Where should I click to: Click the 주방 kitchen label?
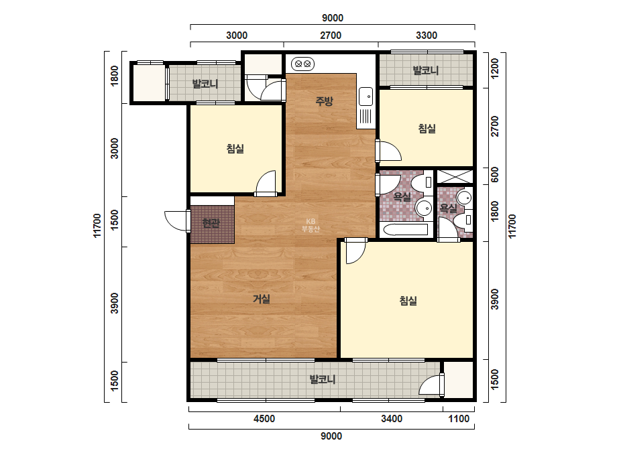(x=324, y=101)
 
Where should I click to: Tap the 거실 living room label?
(x=262, y=299)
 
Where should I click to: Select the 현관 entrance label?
(x=211, y=223)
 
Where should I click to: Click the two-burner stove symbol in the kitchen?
(x=302, y=63)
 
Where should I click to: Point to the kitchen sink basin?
(x=365, y=96)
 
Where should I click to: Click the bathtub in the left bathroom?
(x=406, y=230)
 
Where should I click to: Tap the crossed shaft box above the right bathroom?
(x=455, y=176)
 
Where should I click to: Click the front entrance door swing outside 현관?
(x=176, y=221)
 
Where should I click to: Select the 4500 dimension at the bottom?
(x=264, y=419)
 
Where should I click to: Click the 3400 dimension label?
(x=392, y=419)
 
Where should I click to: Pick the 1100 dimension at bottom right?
(x=459, y=419)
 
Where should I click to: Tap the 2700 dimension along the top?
(x=331, y=36)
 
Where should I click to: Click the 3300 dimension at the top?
(x=427, y=36)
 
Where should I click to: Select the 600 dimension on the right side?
(x=494, y=175)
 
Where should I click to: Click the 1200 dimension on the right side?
(x=494, y=68)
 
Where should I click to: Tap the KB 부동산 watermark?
(x=311, y=225)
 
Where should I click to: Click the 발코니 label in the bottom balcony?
(x=323, y=379)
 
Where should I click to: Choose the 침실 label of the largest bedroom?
(x=408, y=301)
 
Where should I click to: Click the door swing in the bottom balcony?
(x=431, y=385)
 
